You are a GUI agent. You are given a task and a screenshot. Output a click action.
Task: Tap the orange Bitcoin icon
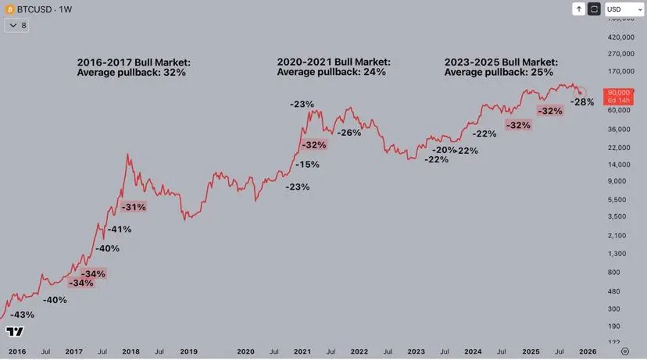tap(9, 9)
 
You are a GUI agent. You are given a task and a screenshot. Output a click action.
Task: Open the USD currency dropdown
tap(624, 9)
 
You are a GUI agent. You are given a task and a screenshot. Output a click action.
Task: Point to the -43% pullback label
tap(21, 315)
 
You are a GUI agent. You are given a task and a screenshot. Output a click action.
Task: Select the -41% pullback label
tap(119, 230)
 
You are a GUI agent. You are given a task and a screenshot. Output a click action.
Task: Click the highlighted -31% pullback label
tap(134, 207)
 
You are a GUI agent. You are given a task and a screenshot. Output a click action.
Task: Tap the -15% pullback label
tap(307, 165)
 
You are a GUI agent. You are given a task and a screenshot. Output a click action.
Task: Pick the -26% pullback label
tap(349, 133)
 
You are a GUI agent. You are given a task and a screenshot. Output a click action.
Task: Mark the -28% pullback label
tap(582, 102)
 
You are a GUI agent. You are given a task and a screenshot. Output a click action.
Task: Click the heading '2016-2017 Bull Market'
tap(134, 62)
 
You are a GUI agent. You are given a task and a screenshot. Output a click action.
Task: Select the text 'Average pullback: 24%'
tap(331, 72)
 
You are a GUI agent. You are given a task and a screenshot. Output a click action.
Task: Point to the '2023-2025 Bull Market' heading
tap(501, 62)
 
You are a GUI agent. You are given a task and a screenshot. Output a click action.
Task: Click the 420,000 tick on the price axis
tap(619, 37)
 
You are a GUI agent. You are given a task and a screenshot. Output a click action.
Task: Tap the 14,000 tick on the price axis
tap(617, 164)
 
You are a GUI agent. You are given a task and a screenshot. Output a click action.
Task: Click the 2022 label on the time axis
tap(359, 352)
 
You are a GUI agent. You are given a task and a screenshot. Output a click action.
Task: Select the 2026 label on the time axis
tap(588, 352)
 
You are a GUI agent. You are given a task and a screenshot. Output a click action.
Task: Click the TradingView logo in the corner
tap(15, 332)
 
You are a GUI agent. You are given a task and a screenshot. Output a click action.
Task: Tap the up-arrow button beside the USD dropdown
tap(578, 9)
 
